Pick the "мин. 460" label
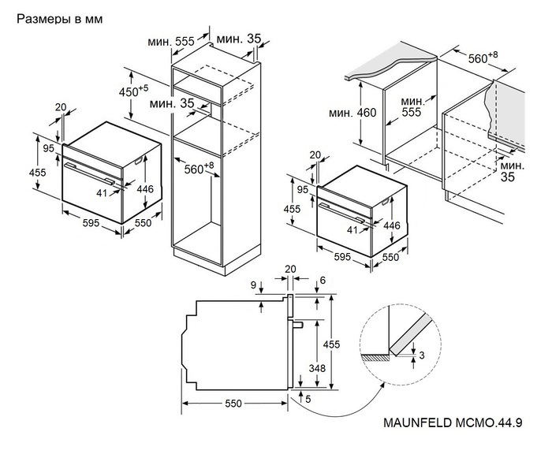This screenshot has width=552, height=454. [x=352, y=113]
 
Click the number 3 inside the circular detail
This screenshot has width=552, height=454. [x=422, y=356]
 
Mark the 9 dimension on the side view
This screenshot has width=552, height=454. [x=252, y=285]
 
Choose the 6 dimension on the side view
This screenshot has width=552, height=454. [x=323, y=281]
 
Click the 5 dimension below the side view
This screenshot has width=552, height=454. [x=308, y=400]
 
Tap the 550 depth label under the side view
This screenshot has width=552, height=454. [x=232, y=404]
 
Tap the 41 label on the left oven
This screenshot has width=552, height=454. [x=102, y=193]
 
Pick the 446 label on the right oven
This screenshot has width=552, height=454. [x=392, y=225]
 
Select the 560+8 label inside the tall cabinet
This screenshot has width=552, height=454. [x=200, y=167]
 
